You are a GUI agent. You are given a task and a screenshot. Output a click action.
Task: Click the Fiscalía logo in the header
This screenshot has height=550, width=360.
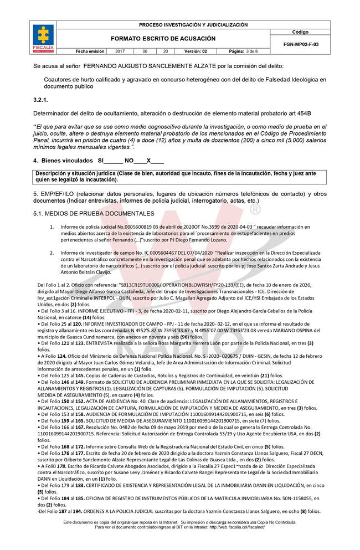click(x=44, y=38)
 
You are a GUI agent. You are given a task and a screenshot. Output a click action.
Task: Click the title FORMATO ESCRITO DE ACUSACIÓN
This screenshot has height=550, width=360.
click(x=163, y=39)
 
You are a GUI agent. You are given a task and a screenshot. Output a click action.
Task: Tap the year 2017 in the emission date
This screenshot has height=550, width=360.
click(x=120, y=51)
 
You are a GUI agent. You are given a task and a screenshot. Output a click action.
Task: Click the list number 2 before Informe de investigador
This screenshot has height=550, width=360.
click(x=52, y=251)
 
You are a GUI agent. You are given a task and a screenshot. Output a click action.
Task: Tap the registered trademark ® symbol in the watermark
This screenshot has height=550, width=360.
click(x=255, y=211)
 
